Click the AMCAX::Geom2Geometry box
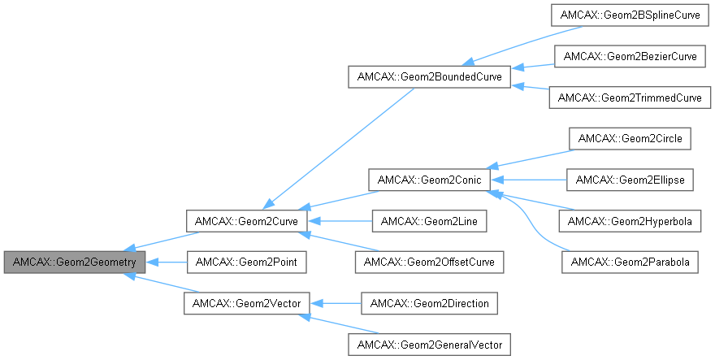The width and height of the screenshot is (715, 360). (x=75, y=262)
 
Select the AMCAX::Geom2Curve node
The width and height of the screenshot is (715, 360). (x=245, y=220)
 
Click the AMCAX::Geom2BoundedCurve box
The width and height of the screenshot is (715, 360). (x=429, y=77)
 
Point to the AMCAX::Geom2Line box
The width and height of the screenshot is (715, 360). (x=429, y=220)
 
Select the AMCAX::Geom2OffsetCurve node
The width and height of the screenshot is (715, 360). (x=429, y=262)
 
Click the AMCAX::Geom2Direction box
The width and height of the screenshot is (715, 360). (x=429, y=303)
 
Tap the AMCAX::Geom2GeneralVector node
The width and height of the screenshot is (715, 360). (x=429, y=345)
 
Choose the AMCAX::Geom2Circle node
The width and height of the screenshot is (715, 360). (x=630, y=138)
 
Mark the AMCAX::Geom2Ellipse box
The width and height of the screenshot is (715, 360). (x=630, y=179)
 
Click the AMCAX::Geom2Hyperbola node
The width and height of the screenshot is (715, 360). (x=630, y=220)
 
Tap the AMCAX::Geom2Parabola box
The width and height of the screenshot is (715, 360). (x=630, y=262)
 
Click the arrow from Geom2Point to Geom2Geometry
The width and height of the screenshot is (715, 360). (x=171, y=262)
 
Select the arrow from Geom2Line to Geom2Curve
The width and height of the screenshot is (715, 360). (x=341, y=220)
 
